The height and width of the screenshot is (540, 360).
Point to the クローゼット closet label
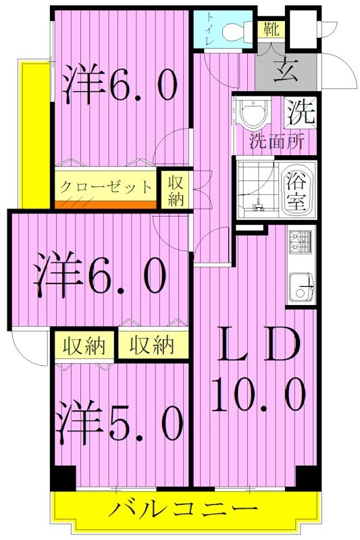point(105,185)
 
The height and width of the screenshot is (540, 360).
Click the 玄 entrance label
point(283,71)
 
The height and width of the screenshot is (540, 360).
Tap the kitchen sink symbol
point(301,287)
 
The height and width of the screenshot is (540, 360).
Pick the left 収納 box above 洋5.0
point(84,346)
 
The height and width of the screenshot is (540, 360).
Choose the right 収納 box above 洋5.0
point(151,346)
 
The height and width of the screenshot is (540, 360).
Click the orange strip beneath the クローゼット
point(105,204)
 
